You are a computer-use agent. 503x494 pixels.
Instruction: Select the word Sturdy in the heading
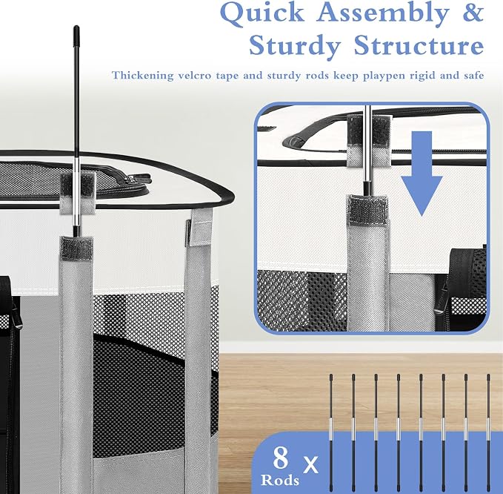[294, 47]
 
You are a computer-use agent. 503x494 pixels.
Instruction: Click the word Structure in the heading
[419, 45]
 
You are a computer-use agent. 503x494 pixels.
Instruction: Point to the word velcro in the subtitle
[194, 76]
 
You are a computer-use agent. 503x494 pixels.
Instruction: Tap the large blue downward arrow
[422, 174]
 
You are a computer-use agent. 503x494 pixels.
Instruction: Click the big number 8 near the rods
[281, 458]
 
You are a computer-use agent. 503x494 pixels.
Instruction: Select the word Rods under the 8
[280, 480]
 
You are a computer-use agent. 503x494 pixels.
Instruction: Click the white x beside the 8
[310, 464]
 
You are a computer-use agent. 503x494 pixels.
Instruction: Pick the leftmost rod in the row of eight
[331, 434]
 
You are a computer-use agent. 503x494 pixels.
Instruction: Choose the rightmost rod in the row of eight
[488, 434]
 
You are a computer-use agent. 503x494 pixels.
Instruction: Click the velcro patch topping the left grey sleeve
[76, 248]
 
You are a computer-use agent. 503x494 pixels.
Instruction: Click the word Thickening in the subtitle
[142, 76]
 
